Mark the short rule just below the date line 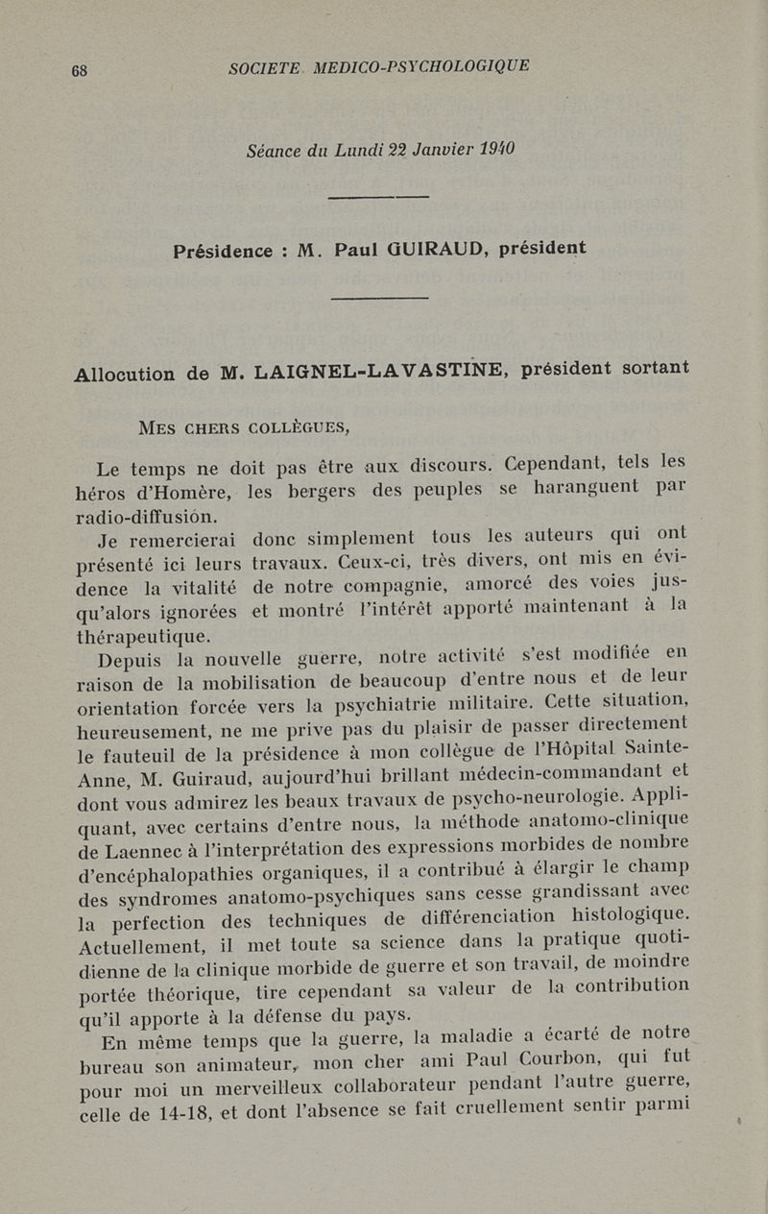click(377, 197)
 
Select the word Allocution click(125, 375)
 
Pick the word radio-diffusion click(147, 516)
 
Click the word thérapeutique click(143, 636)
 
